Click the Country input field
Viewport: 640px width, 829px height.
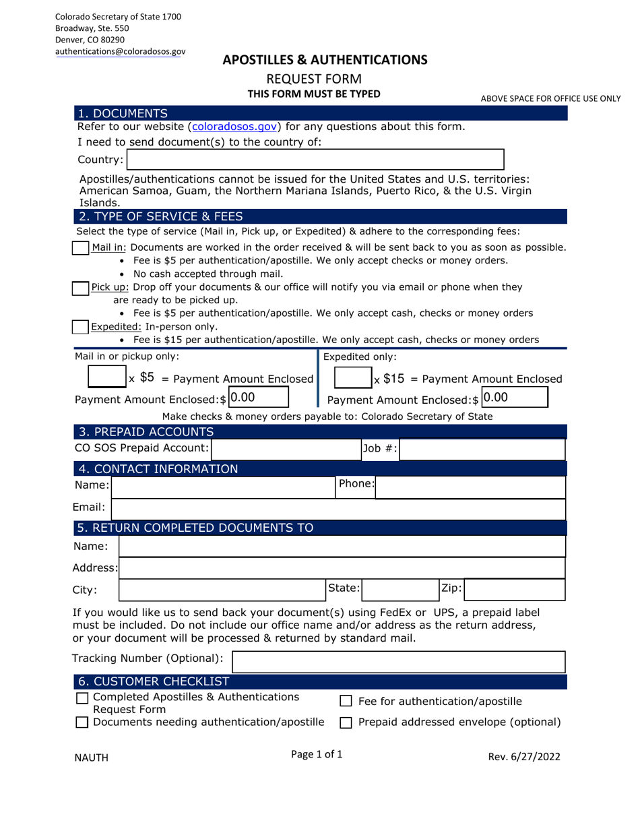315,160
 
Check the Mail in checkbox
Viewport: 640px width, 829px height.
80,247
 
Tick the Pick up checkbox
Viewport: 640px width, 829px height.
80,288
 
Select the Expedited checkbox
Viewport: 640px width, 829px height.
80,327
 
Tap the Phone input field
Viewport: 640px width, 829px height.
470,485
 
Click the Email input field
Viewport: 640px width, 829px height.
338,509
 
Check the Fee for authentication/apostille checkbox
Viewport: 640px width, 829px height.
346,702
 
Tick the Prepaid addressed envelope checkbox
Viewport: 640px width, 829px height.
346,723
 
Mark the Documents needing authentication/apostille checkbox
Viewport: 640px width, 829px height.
82,723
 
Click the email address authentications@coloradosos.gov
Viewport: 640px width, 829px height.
120,51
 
